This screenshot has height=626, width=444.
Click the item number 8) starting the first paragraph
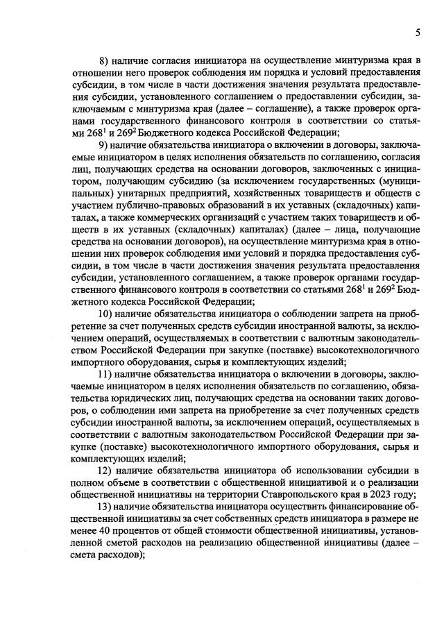coord(107,62)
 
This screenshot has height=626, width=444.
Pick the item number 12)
coord(108,472)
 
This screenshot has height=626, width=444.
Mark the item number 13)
coord(108,509)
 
